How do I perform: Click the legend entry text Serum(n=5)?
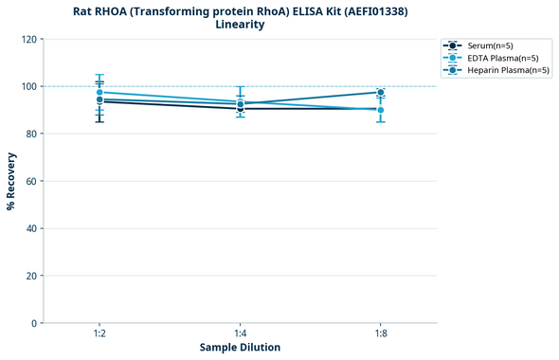click(x=492, y=45)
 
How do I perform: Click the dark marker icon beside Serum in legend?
click(x=454, y=45)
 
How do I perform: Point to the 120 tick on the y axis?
click(x=30, y=39)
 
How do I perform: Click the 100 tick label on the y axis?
click(x=30, y=86)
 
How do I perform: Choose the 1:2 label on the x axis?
click(x=99, y=333)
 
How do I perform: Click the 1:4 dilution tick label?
click(x=240, y=333)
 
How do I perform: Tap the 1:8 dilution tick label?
click(x=381, y=333)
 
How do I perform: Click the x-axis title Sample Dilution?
click(x=240, y=348)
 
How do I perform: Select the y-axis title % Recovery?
click(x=11, y=181)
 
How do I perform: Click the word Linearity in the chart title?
click(x=240, y=25)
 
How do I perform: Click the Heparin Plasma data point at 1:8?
click(x=381, y=92)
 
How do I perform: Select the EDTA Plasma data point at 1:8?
click(x=381, y=110)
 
